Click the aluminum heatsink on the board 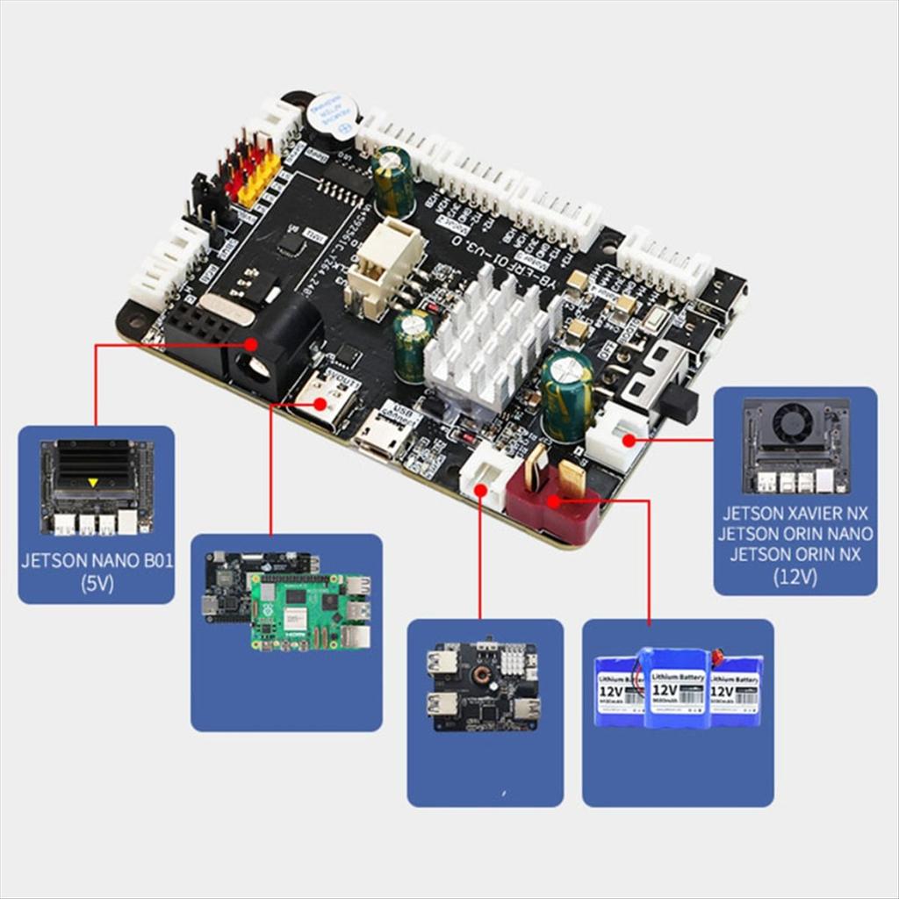point(489,338)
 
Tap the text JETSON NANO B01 point(96,561)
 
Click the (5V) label point(96,582)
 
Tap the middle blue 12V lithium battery point(677,689)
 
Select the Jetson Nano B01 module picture point(96,486)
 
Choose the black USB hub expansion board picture point(484,686)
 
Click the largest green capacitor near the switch point(566,395)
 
